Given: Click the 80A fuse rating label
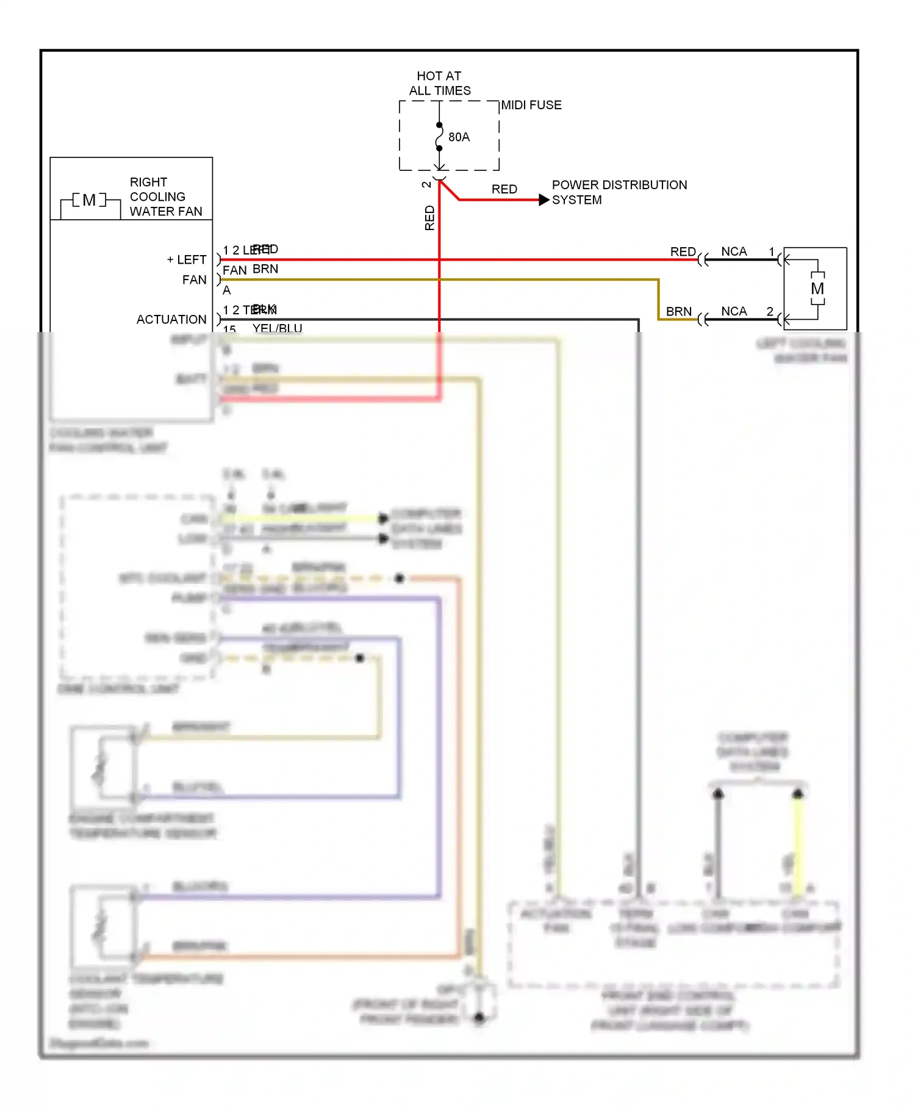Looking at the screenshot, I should click(459, 137).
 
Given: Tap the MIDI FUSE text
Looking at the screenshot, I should click(531, 105).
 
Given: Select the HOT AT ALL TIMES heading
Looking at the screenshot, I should click(439, 83).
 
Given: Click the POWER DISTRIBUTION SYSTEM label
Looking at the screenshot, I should click(619, 192).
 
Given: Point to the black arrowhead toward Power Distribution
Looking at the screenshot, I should click(544, 200).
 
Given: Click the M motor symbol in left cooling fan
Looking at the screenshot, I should click(817, 289).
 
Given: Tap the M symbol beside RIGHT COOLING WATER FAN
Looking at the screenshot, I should click(89, 200).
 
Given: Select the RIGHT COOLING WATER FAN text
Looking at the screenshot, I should click(165, 197).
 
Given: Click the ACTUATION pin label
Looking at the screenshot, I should click(171, 319).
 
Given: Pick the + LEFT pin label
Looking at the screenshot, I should click(187, 259).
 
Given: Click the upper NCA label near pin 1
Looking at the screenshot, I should click(734, 251).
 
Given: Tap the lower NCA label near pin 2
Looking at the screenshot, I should click(734, 311).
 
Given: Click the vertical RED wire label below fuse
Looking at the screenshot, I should click(429, 218).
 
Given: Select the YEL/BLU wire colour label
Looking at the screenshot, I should click(277, 328).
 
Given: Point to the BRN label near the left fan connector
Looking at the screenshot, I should click(678, 311).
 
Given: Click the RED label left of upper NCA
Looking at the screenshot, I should click(683, 251).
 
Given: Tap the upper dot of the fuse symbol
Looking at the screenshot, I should click(439, 125).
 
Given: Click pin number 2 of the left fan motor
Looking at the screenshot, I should click(770, 311).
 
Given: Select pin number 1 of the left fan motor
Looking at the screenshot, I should click(772, 251).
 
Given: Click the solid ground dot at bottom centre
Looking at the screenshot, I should click(479, 1017).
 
